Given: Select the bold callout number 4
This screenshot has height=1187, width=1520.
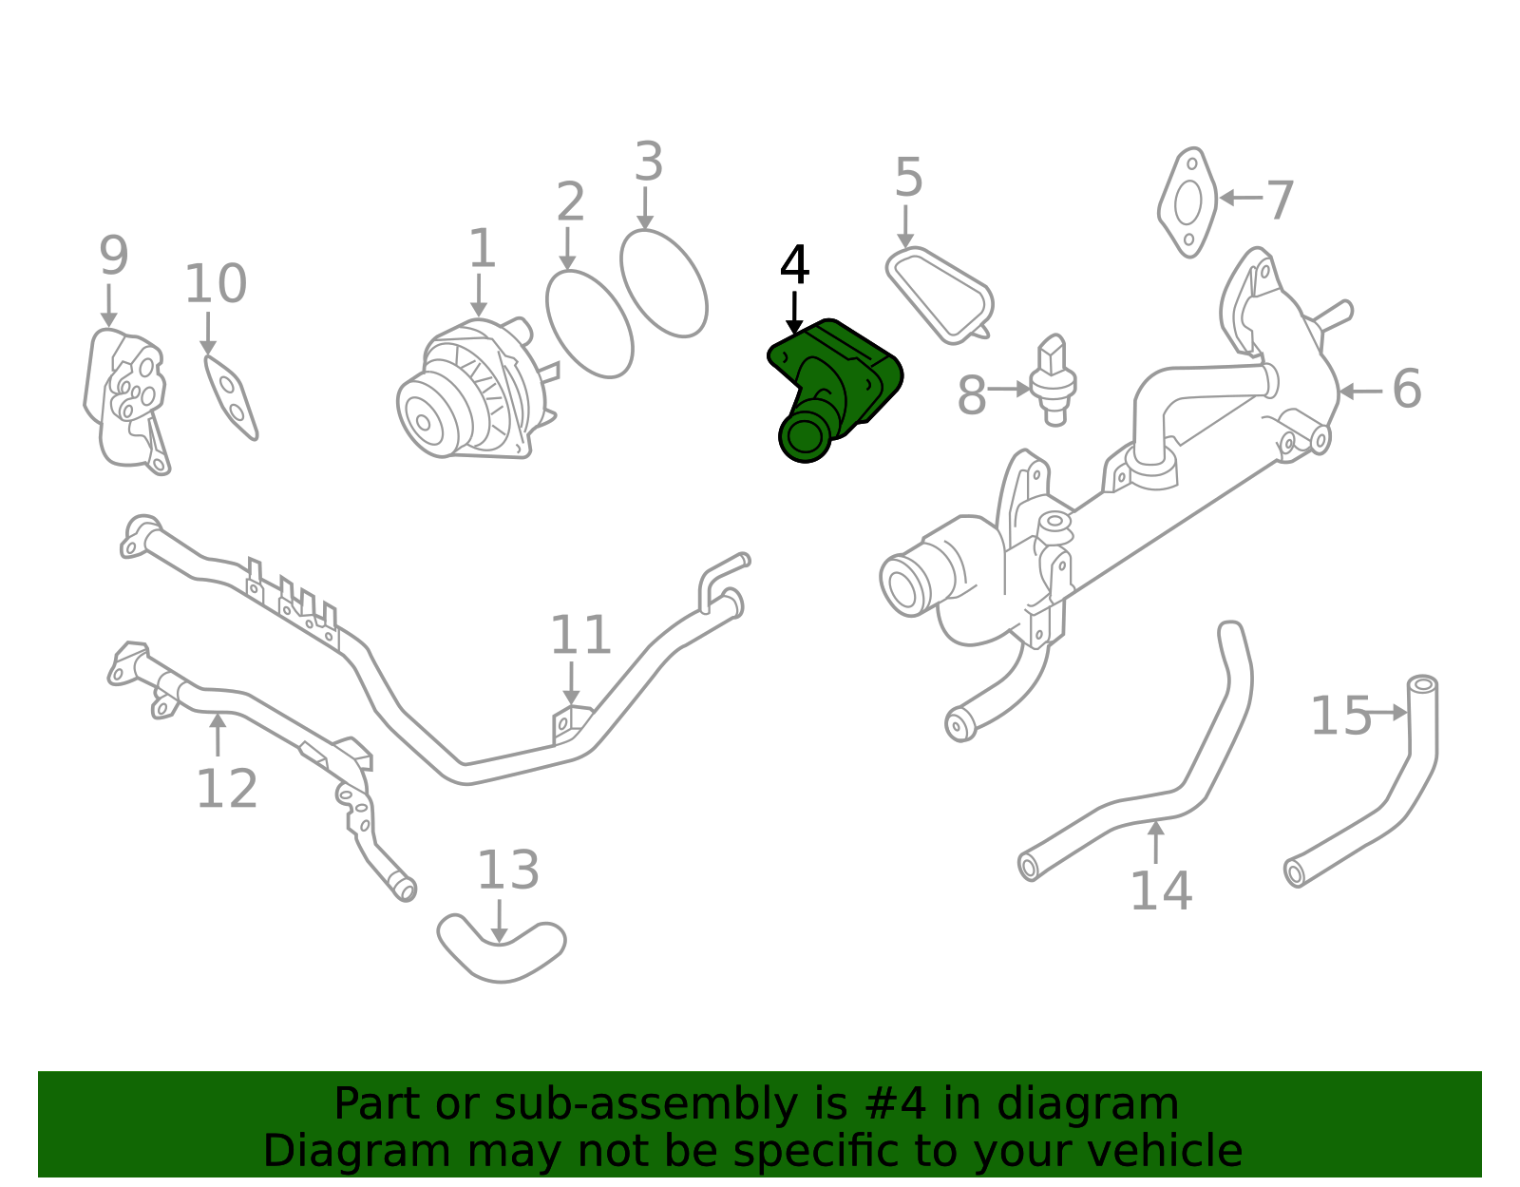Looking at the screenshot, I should click(x=794, y=267).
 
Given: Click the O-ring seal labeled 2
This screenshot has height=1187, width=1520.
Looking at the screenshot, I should click(x=589, y=323).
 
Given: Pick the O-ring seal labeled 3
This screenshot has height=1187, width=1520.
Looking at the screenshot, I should click(x=664, y=283).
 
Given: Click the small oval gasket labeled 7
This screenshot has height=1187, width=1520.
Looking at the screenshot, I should click(x=1187, y=202).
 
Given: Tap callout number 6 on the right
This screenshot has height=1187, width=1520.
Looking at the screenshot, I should click(x=1406, y=390).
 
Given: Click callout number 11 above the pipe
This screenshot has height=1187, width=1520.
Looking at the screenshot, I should click(x=580, y=636).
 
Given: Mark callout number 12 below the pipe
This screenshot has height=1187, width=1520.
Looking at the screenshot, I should click(x=226, y=789).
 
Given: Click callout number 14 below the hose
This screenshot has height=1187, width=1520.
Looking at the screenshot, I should click(x=1160, y=890).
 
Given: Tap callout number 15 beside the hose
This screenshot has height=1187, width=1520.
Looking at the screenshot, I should click(x=1340, y=717).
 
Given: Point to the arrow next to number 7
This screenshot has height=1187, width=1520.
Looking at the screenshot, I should click(x=1240, y=198).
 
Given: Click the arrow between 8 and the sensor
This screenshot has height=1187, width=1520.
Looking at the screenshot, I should click(x=1010, y=389).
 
